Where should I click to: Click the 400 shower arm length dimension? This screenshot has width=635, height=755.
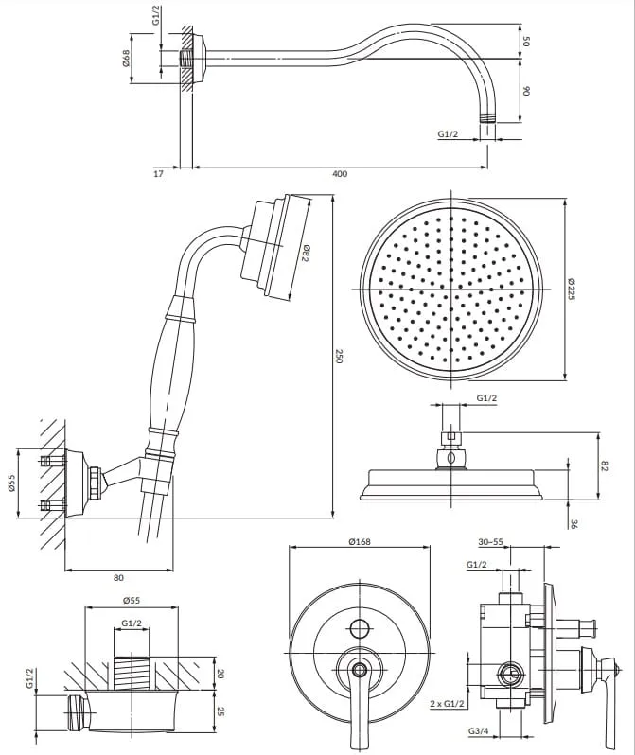coord(340,174)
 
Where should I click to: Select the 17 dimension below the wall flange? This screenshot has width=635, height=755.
coord(158,174)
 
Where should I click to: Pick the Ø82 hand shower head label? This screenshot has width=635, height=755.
coord(305,254)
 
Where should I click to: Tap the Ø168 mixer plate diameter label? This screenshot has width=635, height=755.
coord(359,540)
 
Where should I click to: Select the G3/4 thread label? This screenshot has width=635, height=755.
coord(477,731)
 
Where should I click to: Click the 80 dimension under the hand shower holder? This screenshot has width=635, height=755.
coord(118,576)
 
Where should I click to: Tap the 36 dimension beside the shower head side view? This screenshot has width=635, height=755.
coord(573,523)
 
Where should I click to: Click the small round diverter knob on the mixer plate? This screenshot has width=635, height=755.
coord(359,628)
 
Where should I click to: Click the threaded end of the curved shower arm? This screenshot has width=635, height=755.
coord(488,119)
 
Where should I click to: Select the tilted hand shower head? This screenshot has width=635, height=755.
coord(279,248)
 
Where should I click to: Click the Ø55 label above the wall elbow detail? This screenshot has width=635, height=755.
coord(132,600)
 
